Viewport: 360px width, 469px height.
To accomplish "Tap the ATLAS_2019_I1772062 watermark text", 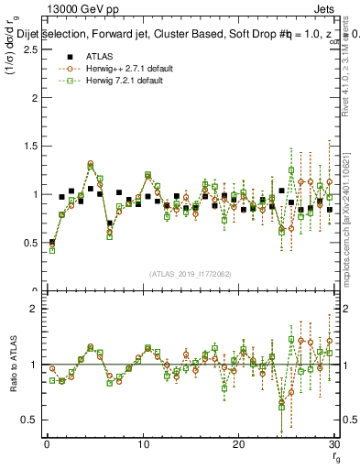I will pyautogui.click(x=190, y=274).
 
